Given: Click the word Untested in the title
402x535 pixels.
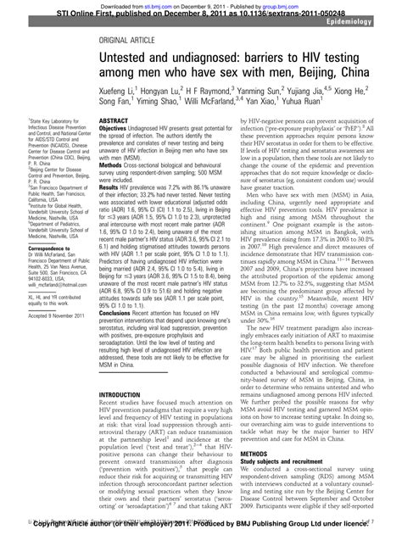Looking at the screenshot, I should [128, 60].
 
